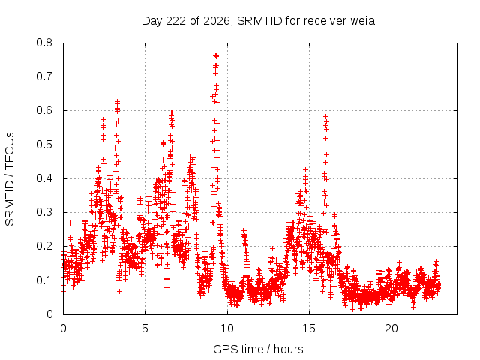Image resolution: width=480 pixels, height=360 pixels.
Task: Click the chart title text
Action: tap(258, 21)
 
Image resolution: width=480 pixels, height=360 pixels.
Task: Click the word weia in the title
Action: tap(363, 21)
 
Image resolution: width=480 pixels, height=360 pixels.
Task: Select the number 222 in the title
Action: tap(176, 21)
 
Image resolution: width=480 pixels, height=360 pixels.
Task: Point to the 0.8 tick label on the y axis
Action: tap(44, 43)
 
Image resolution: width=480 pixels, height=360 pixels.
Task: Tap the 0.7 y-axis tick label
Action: tap(44, 76)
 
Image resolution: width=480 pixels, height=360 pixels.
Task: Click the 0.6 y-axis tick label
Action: tap(44, 110)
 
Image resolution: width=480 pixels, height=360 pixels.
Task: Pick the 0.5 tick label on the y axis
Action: tap(44, 145)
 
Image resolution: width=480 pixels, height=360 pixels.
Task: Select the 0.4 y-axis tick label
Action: tap(44, 178)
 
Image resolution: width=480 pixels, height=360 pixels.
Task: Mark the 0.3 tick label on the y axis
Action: tap(44, 212)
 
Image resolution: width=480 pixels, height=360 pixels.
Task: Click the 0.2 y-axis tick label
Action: tap(44, 246)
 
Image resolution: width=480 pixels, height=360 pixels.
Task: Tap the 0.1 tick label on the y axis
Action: tap(44, 280)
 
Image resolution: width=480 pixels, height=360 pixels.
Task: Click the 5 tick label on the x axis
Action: tap(145, 328)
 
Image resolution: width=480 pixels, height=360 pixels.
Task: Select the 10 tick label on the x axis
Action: tap(227, 328)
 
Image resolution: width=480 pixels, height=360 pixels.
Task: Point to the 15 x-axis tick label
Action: tap(309, 328)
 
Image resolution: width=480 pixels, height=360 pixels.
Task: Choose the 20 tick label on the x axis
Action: tap(391, 328)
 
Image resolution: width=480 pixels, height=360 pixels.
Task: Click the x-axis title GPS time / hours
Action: tap(258, 349)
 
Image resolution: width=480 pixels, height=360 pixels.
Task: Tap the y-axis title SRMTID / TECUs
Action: tap(10, 179)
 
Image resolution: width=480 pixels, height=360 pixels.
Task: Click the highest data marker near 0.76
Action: tap(216, 56)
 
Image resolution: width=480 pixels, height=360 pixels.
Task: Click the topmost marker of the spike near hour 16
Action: tap(326, 116)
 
